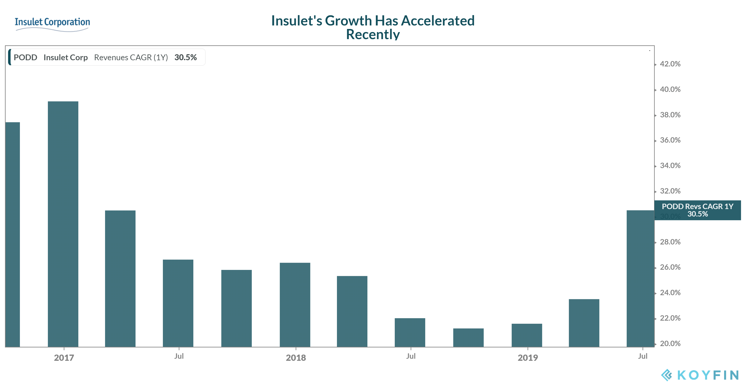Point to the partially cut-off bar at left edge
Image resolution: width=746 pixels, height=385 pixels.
[12, 234]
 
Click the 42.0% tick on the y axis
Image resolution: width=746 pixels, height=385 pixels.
[670, 64]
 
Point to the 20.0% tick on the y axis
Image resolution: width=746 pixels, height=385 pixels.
[670, 343]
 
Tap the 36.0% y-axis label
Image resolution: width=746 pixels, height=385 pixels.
[670, 140]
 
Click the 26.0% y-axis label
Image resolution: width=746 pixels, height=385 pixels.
[670, 267]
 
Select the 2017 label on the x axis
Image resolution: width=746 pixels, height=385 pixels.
[64, 358]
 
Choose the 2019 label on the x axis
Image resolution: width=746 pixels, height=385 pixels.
[528, 358]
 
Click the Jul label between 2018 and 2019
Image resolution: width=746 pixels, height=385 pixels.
[411, 356]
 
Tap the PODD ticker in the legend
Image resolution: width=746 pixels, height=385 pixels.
[25, 57]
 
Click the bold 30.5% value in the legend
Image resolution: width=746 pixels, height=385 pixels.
[185, 57]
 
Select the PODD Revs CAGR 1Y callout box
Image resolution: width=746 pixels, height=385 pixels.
[697, 210]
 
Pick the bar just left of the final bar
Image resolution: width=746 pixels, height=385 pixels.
[584, 323]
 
